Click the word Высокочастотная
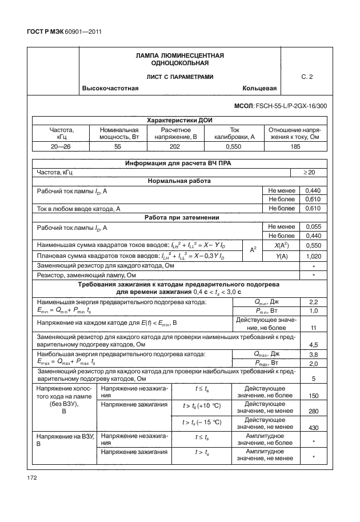click(x=111, y=89)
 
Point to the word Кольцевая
click(x=259, y=89)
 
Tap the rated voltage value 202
click(x=175, y=147)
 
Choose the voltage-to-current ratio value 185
click(x=295, y=147)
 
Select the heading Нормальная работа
click(x=179, y=181)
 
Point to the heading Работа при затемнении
click(x=179, y=218)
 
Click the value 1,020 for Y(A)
click(x=313, y=256)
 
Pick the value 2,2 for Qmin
click(x=313, y=301)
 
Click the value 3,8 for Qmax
click(x=313, y=354)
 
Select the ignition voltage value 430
click(x=313, y=427)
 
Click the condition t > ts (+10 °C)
click(x=202, y=405)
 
